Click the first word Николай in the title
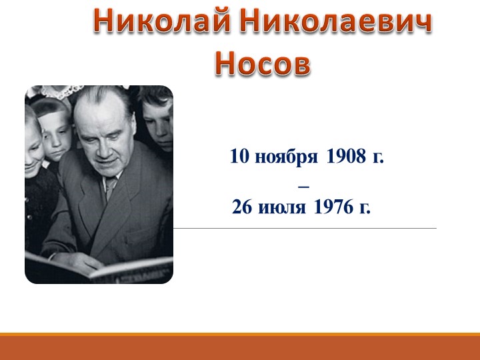coord(161,23)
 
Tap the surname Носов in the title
coord(263,64)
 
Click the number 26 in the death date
coord(241,208)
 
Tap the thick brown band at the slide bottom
coord(240,348)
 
